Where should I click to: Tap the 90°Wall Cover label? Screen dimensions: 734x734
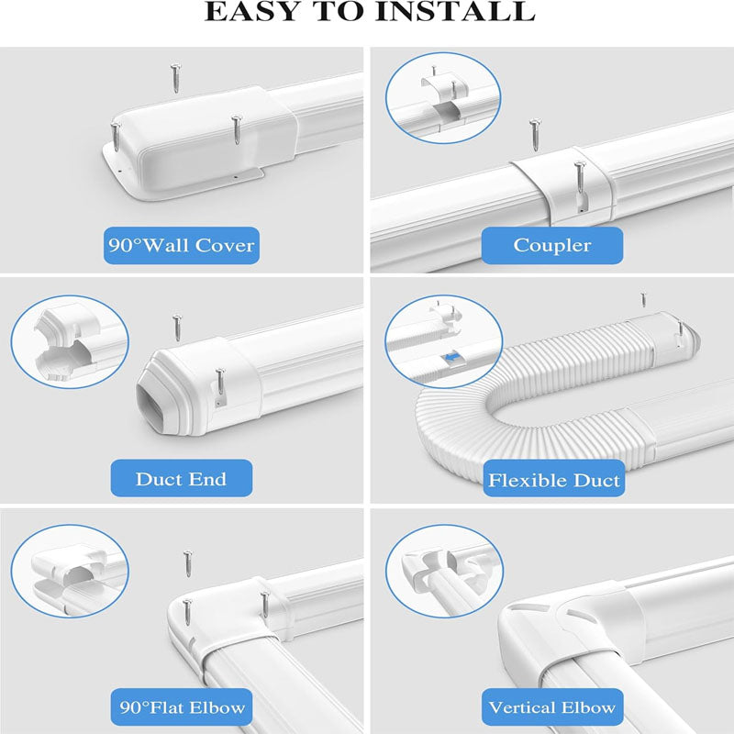point(181,245)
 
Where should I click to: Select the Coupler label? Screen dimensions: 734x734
point(552,245)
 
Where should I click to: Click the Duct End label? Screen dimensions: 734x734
point(181,479)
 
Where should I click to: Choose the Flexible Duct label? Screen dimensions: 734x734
point(553,480)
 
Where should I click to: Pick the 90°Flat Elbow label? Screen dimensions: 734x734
point(181,706)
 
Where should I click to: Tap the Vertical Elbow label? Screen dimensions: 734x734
point(552,706)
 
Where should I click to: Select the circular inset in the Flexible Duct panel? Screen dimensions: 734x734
point(443,340)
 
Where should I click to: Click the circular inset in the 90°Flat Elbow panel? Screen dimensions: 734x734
point(70,571)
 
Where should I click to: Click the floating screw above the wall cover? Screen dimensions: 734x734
point(174,77)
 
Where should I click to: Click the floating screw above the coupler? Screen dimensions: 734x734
point(533,134)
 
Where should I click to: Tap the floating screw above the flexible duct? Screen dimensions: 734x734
point(644,298)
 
